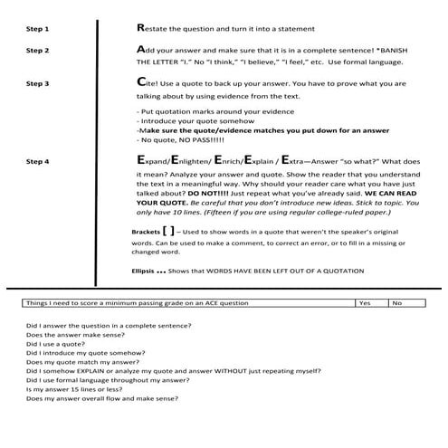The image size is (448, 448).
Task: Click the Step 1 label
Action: (38, 30)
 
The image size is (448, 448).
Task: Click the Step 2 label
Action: (38, 51)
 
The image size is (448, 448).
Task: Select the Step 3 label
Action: (38, 83)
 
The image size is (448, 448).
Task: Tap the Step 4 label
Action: (38, 162)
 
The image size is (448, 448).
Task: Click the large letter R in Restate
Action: (138, 29)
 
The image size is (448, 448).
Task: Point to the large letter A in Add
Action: (138, 49)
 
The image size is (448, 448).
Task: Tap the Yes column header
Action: (366, 304)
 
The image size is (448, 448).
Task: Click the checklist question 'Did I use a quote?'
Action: (57, 344)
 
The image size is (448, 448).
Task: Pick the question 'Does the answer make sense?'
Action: (70, 334)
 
